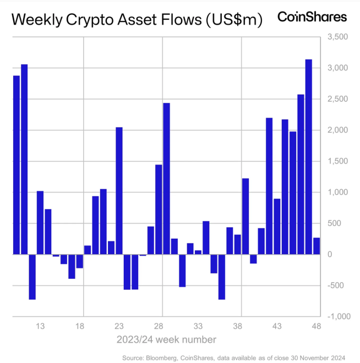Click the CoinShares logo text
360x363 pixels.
click(x=312, y=16)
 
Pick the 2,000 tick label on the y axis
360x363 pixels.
click(x=337, y=130)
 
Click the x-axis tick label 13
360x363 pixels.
click(x=40, y=326)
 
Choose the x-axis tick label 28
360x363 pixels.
click(x=159, y=326)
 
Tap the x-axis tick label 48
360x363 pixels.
click(x=317, y=326)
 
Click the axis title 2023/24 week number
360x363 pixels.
click(x=166, y=339)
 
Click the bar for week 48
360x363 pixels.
click(x=317, y=246)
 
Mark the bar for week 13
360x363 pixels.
click(x=40, y=222)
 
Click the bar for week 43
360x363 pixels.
click(x=277, y=226)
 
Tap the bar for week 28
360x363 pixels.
click(x=159, y=209)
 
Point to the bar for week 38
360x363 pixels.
click(x=237, y=244)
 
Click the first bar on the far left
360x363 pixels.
click(x=17, y=165)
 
